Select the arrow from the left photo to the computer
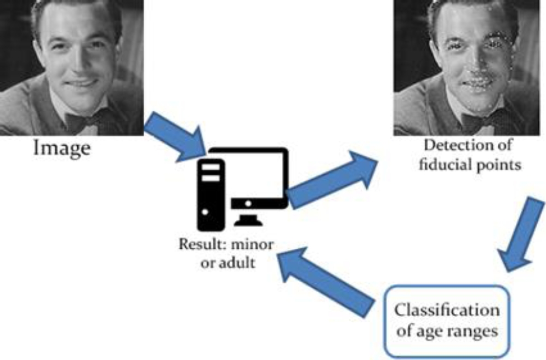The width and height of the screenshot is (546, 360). (174, 138)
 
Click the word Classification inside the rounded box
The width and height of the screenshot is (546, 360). (447, 311)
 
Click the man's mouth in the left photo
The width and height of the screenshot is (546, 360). (82, 83)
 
